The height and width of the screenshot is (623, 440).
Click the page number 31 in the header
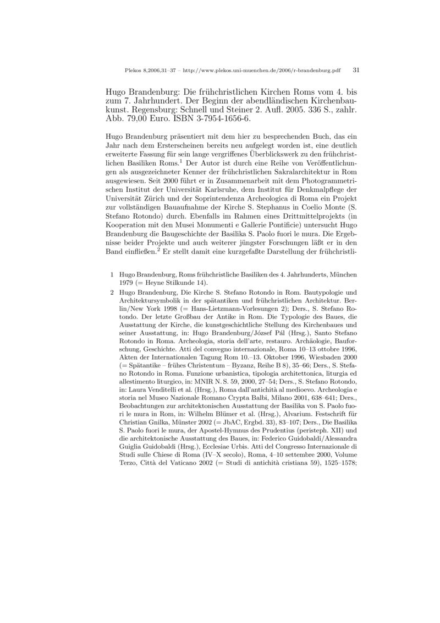[x=356, y=71]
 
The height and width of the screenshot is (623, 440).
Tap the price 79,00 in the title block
[x=136, y=118]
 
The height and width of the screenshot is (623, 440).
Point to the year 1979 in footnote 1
[x=127, y=283]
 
